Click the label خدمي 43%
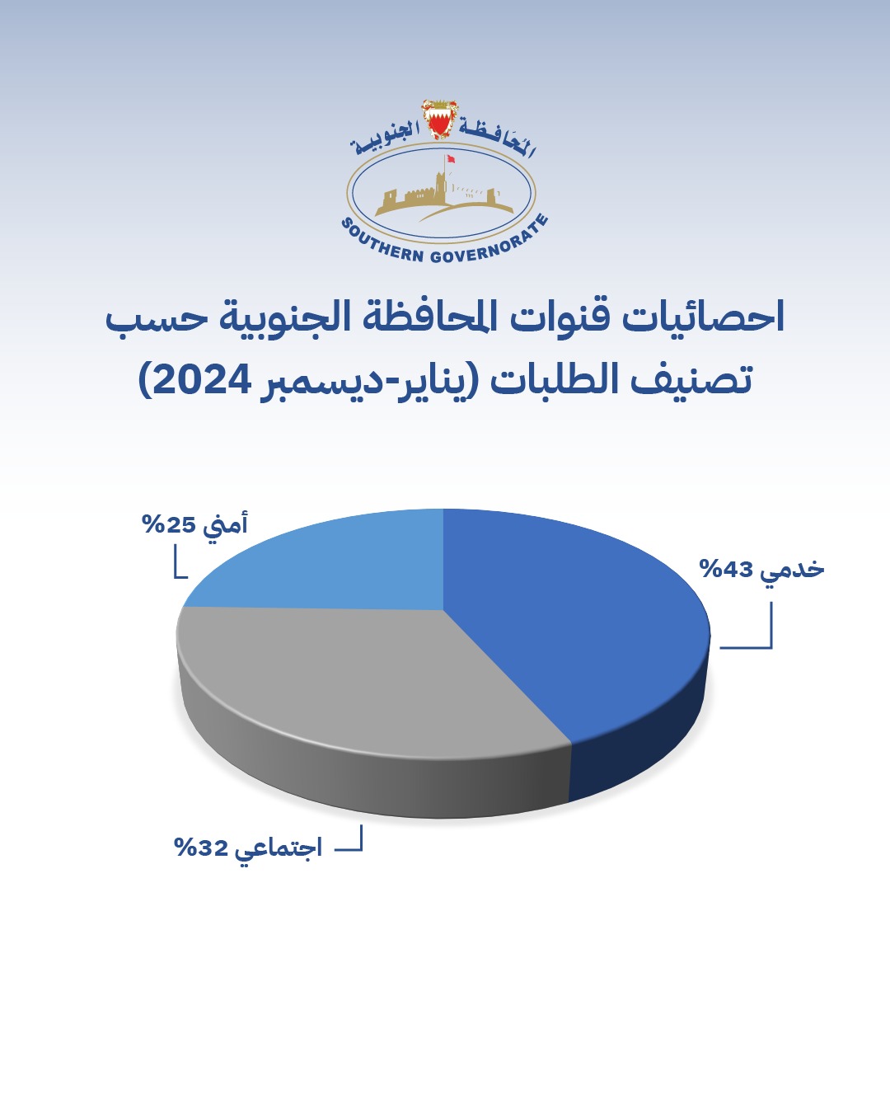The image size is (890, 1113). [x=761, y=570]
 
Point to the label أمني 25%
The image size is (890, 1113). [x=195, y=524]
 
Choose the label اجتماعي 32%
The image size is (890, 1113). [x=248, y=848]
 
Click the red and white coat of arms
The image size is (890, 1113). [x=441, y=120]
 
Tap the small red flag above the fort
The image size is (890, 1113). [x=451, y=158]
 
